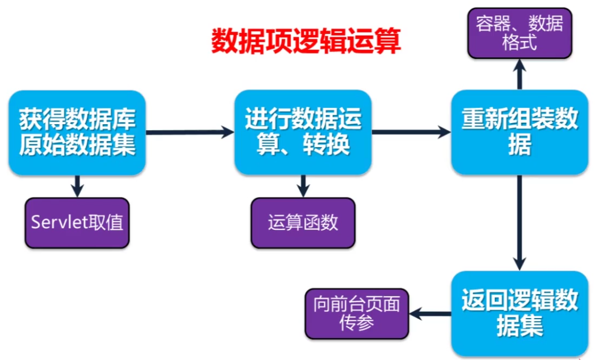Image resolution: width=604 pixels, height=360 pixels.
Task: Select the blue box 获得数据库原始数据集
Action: [x=77, y=133]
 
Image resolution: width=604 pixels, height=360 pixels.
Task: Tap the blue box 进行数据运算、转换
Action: [x=303, y=133]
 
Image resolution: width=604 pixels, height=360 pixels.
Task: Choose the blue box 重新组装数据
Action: [x=520, y=133]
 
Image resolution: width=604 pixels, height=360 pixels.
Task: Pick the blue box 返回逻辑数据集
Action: [x=520, y=313]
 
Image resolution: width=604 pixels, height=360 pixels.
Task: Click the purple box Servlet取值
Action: [x=77, y=222]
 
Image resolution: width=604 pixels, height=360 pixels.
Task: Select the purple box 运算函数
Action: [x=303, y=222]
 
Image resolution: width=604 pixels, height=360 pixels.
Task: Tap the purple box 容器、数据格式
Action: [x=520, y=33]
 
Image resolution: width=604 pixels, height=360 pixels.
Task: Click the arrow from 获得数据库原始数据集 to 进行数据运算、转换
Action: [x=189, y=132]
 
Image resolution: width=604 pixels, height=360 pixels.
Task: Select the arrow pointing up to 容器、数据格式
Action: [x=520, y=74]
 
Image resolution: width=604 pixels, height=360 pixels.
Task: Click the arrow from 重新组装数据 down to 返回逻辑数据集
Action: [x=520, y=222]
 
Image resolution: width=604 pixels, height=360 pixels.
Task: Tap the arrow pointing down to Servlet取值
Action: [x=77, y=186]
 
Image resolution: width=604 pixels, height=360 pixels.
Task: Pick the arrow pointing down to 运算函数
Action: [x=303, y=186]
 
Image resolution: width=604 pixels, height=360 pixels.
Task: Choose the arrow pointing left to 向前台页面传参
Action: [x=430, y=314]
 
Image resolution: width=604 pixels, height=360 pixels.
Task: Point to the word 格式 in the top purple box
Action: [x=520, y=42]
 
